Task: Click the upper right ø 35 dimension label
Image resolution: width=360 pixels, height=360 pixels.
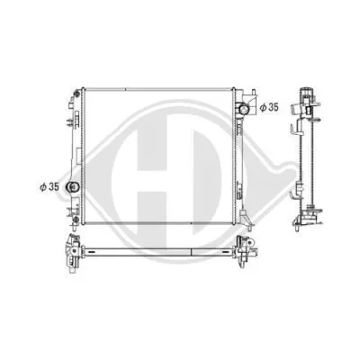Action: pos(268,108)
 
